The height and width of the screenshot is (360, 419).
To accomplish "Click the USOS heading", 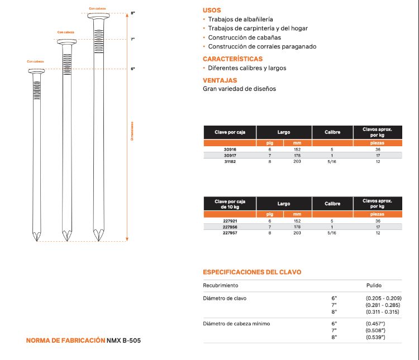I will (212, 10).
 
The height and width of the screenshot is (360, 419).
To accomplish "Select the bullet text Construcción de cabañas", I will (245, 37).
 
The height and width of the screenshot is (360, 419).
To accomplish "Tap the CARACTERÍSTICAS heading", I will (232, 59).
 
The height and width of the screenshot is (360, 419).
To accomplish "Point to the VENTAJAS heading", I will (220, 80).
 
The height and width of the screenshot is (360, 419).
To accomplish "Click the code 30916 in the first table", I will (230, 150).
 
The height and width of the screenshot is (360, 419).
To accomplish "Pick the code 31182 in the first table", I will (230, 161).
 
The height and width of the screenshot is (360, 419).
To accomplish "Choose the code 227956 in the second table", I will (230, 227).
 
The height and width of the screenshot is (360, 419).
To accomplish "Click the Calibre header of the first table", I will (332, 132).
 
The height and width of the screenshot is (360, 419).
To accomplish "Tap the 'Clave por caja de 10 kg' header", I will (230, 204).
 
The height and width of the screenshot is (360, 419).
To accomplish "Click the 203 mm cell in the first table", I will (297, 161).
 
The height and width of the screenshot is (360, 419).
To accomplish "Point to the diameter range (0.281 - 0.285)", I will (382, 305).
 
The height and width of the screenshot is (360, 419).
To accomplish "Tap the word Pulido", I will (374, 285).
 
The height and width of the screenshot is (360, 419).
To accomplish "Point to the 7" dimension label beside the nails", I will (133, 40).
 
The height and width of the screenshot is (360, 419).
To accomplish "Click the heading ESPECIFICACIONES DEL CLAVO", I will (251, 272).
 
